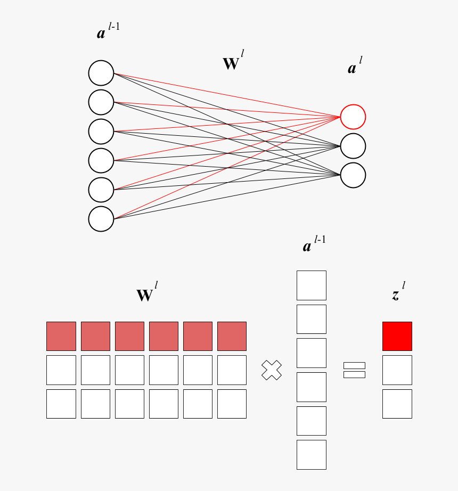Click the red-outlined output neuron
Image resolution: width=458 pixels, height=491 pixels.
(353, 117)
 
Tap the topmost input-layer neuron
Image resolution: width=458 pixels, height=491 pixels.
(101, 73)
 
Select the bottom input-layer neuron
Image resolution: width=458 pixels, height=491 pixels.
(101, 219)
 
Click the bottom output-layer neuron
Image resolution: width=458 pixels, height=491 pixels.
(353, 175)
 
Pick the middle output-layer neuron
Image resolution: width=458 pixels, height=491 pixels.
(353, 146)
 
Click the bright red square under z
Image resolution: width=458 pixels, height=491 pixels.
(397, 336)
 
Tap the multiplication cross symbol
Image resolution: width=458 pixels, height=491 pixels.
(272, 370)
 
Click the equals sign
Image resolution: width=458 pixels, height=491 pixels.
(354, 370)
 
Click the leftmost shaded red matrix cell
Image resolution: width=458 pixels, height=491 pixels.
(61, 336)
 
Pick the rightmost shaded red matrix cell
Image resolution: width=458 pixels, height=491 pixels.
(232, 336)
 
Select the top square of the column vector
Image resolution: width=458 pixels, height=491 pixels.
(311, 285)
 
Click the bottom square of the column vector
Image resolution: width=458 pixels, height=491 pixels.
(311, 454)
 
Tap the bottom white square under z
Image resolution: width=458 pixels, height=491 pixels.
(397, 404)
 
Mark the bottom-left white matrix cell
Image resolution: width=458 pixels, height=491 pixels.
(61, 404)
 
